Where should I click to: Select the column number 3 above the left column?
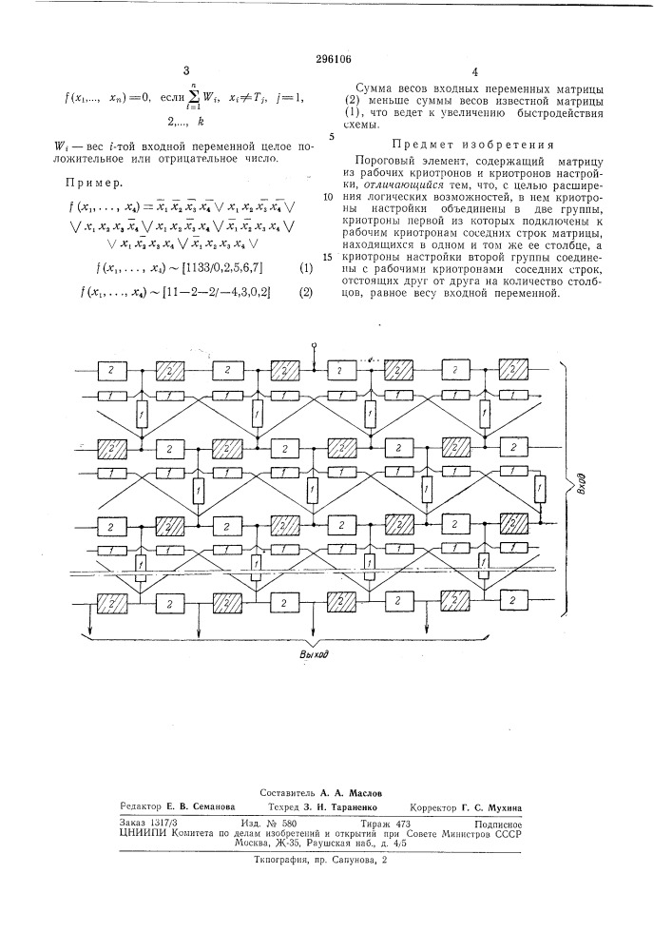[x=187, y=71]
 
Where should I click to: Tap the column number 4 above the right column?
[x=473, y=71]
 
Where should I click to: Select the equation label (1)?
[x=306, y=269]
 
